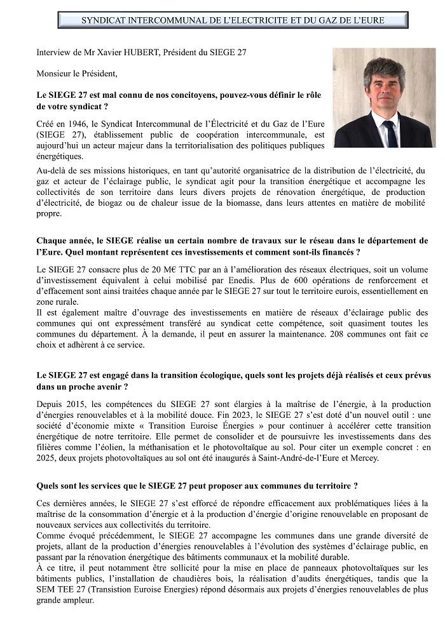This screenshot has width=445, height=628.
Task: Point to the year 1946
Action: (x=73, y=123)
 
